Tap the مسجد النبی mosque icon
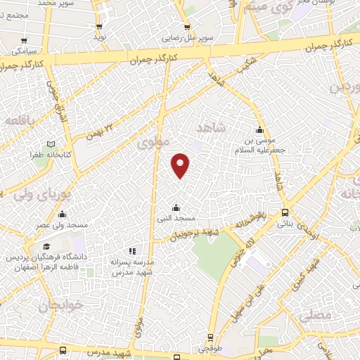point(176,207)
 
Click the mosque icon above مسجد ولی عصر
point(62,214)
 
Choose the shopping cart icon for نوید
point(98,26)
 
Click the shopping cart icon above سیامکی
point(25,41)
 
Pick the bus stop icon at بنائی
point(285,212)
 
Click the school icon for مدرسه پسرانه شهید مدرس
point(131,250)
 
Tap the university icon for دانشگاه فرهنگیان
point(46,247)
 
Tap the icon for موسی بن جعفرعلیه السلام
point(259,130)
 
